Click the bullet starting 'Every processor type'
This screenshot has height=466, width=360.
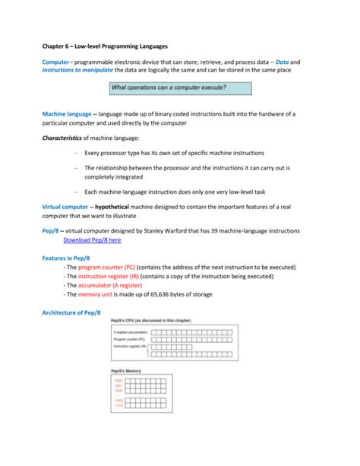pyautogui.click(x=175, y=154)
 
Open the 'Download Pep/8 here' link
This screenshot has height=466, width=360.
pyautogui.click(x=92, y=239)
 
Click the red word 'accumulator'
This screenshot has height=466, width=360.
pyautogui.click(x=98, y=285)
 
